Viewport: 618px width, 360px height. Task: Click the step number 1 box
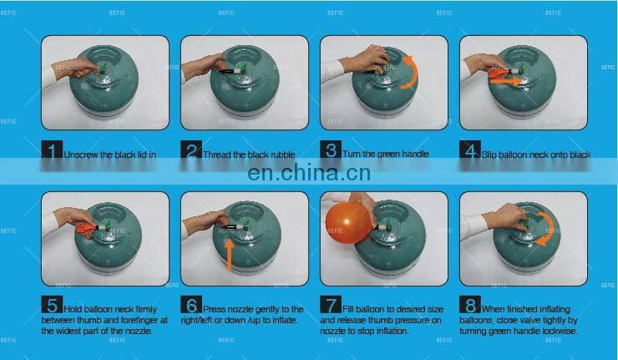point(53,151)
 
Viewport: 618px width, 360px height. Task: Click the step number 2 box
point(192,151)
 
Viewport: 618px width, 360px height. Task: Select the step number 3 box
point(332,151)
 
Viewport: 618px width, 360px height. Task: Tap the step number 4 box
point(470,151)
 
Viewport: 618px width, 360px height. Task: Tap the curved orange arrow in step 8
point(544,227)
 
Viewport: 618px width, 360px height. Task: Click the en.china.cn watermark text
point(309,174)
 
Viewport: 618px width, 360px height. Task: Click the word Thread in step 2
point(219,155)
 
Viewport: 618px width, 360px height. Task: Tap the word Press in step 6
point(215,310)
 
